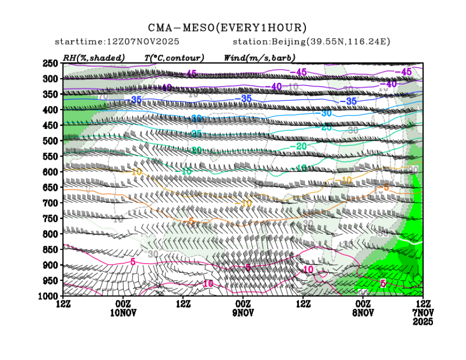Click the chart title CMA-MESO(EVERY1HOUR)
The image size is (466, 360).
[x=227, y=28]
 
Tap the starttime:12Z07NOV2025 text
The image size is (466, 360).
[x=117, y=42]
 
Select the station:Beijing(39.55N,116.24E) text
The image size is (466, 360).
[x=311, y=42]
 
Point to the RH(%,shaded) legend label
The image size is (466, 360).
[x=94, y=57]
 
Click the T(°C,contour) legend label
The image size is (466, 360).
[x=174, y=57]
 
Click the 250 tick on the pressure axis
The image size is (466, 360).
[x=50, y=63]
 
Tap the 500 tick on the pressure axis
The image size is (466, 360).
[x=50, y=141]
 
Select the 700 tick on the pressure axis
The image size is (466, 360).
[x=50, y=203]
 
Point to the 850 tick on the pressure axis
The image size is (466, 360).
[x=50, y=249]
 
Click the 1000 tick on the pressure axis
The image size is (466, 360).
[x=49, y=296]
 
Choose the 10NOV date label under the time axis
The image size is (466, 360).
[x=123, y=313]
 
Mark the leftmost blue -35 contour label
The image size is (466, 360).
[x=136, y=100]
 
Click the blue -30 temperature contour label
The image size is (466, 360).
[x=326, y=113]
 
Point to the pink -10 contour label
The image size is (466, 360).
[x=308, y=269]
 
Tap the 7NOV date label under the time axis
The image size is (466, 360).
[x=422, y=313]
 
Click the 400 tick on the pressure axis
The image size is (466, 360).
[x=50, y=110]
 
